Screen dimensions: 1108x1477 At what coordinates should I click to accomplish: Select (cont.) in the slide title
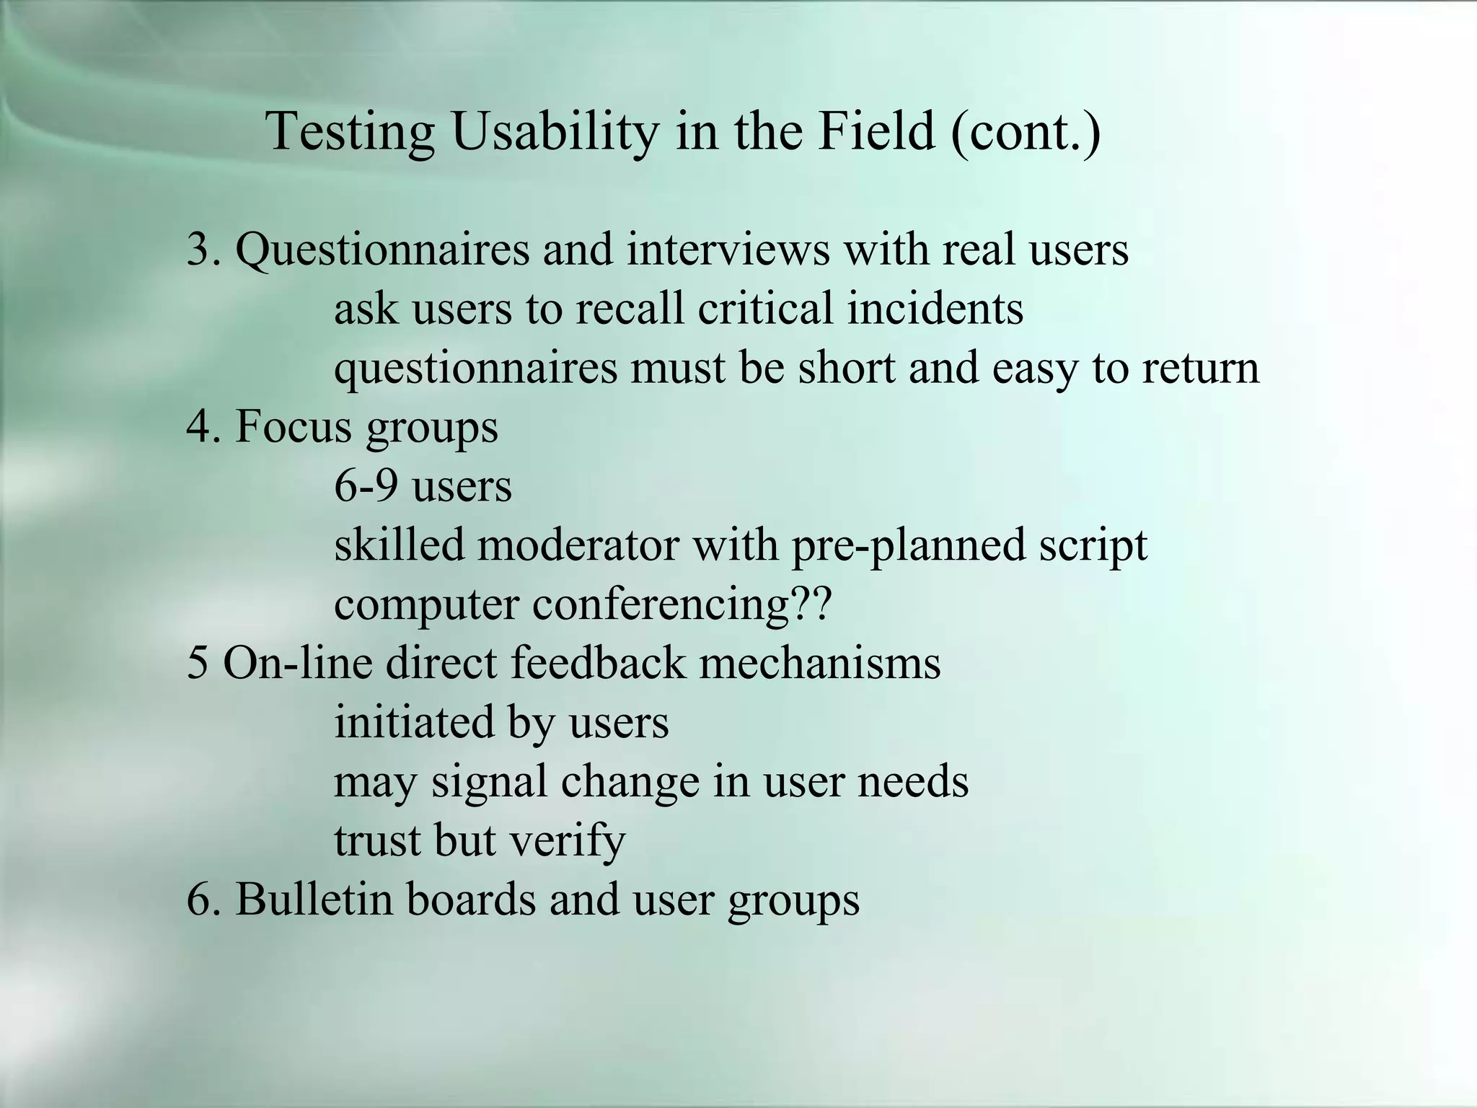[1026, 132]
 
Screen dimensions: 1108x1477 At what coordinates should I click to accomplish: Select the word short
[846, 368]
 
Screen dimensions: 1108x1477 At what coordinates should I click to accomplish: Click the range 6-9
[366, 486]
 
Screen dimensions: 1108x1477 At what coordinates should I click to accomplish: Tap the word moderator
[578, 545]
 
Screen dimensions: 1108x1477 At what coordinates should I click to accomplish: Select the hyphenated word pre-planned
[908, 547]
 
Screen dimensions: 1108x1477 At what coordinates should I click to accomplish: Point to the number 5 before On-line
[197, 664]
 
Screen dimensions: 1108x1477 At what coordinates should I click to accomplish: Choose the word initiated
[415, 723]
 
